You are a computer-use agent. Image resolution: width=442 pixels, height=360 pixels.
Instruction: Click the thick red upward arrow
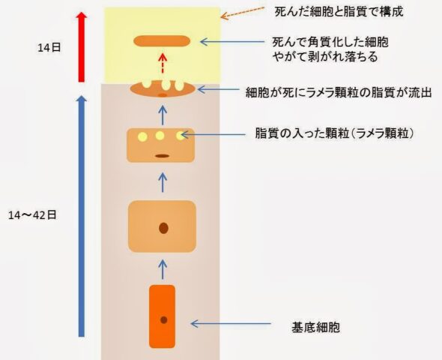pyautogui.click(x=81, y=46)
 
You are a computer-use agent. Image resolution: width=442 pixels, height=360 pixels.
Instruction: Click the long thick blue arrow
pyautogui.click(x=81, y=216)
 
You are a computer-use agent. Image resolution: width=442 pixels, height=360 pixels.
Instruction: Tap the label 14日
pyautogui.click(x=49, y=47)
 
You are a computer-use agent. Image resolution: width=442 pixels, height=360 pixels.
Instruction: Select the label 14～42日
pyautogui.click(x=32, y=215)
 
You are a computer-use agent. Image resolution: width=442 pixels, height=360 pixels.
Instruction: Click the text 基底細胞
pyautogui.click(x=315, y=327)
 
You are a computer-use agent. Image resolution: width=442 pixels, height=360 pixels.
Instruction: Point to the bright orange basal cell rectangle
pyautogui.click(x=162, y=316)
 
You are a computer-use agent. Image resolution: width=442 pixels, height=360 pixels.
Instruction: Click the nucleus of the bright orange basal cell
pyautogui.click(x=164, y=320)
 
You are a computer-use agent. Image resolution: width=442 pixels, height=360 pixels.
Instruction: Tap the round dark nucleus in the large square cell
pyautogui.click(x=163, y=228)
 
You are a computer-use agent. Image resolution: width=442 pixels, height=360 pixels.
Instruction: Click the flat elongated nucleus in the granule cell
pyautogui.click(x=162, y=156)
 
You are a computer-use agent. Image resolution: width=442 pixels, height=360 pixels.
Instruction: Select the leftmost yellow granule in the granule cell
pyautogui.click(x=142, y=136)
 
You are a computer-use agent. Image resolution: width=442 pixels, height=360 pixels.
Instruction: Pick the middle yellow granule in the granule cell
pyautogui.click(x=160, y=136)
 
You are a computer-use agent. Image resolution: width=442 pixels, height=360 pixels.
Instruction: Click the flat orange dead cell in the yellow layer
pyautogui.click(x=162, y=41)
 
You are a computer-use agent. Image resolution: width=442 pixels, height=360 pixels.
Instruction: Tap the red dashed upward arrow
pyautogui.click(x=163, y=64)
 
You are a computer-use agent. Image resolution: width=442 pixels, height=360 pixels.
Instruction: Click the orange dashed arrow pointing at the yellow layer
pyautogui.click(x=243, y=13)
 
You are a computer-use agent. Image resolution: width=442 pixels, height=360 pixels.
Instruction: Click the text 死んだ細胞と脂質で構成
pyautogui.click(x=339, y=12)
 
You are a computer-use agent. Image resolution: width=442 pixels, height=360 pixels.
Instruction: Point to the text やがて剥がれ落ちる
pyautogui.click(x=325, y=57)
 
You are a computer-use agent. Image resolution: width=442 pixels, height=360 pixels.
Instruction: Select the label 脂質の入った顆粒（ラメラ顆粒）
pyautogui.click(x=335, y=133)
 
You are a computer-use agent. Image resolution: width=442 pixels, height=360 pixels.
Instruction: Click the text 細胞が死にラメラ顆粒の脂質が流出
pyautogui.click(x=339, y=92)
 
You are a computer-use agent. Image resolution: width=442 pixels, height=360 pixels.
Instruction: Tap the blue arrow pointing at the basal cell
pyautogui.click(x=231, y=324)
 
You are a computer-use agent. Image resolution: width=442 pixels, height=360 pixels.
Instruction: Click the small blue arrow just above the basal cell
pyautogui.click(x=163, y=269)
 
